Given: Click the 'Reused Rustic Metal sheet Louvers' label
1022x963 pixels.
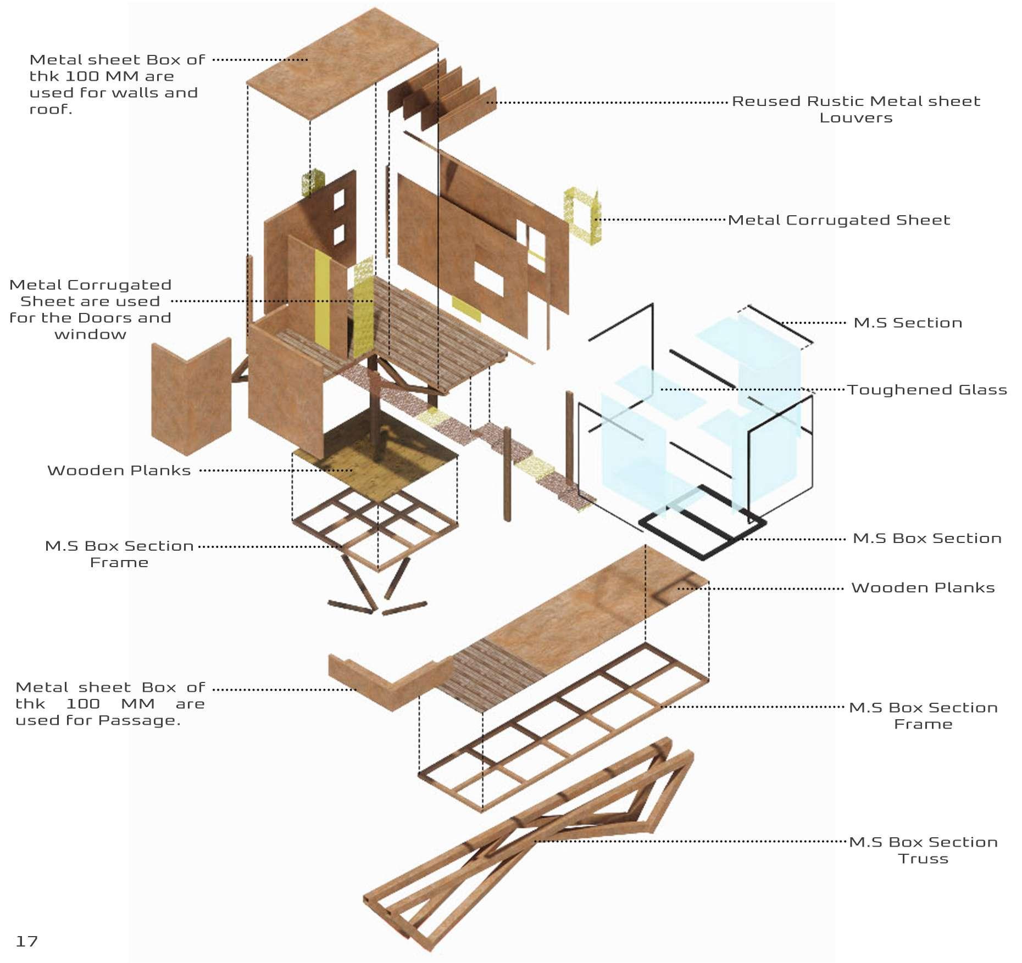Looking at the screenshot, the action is (x=856, y=109).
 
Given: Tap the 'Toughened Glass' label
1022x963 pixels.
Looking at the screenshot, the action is (x=926, y=390).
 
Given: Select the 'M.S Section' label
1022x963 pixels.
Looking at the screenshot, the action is (x=908, y=323).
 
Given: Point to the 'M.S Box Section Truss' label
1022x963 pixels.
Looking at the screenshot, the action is (x=923, y=850).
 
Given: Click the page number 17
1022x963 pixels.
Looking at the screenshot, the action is (x=26, y=941).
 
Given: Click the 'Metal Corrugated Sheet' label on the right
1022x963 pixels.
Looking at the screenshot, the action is (x=838, y=220).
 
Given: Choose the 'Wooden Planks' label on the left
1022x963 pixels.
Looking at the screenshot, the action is (x=119, y=471).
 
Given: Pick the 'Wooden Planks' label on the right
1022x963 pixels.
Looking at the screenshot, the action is (x=923, y=588).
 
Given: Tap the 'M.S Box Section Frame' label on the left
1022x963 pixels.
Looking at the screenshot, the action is (x=119, y=554).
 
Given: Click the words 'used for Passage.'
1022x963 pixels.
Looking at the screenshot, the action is (x=98, y=720).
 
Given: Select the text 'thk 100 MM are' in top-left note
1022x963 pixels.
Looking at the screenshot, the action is (x=102, y=76).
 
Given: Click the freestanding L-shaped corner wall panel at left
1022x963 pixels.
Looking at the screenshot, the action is (x=190, y=398).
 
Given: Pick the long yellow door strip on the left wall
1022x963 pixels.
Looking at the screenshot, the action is (x=322, y=299).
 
